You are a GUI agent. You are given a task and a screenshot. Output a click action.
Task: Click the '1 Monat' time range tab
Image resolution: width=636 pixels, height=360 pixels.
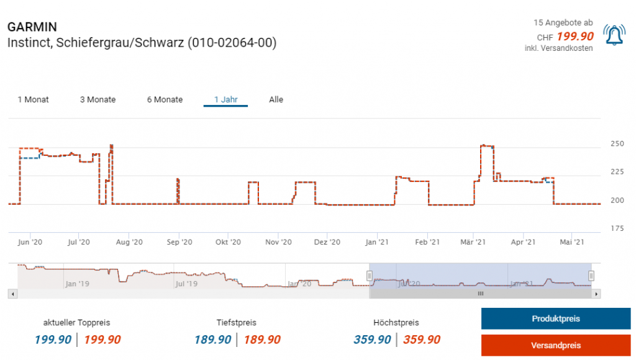point(33,99)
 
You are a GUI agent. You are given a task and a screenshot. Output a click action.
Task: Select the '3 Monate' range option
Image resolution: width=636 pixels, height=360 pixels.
point(98,99)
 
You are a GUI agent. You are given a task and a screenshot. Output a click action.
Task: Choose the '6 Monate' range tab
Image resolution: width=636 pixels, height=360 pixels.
point(165,99)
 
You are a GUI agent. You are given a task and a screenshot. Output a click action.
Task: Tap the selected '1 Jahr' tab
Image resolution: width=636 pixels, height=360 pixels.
point(225,99)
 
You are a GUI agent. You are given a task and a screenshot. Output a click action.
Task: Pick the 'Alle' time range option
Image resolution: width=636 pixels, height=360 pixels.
point(276,99)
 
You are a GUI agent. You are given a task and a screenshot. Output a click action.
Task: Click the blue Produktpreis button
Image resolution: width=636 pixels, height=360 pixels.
point(555,318)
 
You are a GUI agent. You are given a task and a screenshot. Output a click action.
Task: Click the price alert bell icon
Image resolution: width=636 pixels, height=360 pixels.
point(614,35)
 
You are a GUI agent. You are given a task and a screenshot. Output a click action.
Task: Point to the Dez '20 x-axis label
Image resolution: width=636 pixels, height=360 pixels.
point(327,242)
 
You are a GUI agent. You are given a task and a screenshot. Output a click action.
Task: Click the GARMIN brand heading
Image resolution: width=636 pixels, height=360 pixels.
point(32,27)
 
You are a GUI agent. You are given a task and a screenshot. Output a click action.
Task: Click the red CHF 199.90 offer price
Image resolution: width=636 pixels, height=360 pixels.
point(575,37)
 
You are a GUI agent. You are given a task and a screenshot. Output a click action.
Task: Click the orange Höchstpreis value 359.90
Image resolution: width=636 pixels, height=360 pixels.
point(422,340)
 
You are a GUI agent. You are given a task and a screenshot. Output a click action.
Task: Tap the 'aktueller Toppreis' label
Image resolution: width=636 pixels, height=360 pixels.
point(77,323)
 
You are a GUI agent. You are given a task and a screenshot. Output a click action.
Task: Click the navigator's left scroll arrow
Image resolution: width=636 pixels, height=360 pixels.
point(11,294)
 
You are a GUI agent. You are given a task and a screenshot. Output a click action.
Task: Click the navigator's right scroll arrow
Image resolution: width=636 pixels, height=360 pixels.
point(596,294)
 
